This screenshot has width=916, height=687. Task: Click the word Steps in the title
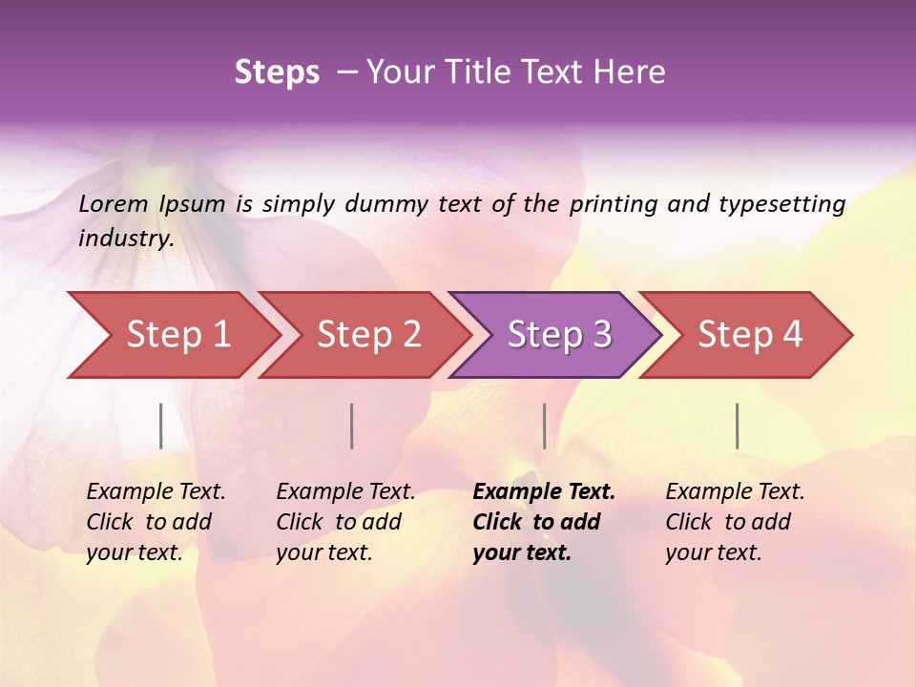[277, 73]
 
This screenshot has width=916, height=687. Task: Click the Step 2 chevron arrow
[367, 335]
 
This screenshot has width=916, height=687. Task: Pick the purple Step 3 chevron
[557, 335]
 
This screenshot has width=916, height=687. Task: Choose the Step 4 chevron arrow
[748, 335]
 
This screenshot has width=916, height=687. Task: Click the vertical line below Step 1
[161, 426]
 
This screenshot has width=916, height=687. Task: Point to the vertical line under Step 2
[352, 426]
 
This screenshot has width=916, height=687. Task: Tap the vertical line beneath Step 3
[544, 426]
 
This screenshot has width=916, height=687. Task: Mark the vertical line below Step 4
[737, 426]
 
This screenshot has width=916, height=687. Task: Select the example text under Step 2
[344, 522]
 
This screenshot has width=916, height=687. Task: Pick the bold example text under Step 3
[543, 522]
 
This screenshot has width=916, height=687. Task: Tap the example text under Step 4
[734, 522]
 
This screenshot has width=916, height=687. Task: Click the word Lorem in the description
[114, 203]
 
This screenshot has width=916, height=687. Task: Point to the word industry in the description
[125, 239]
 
